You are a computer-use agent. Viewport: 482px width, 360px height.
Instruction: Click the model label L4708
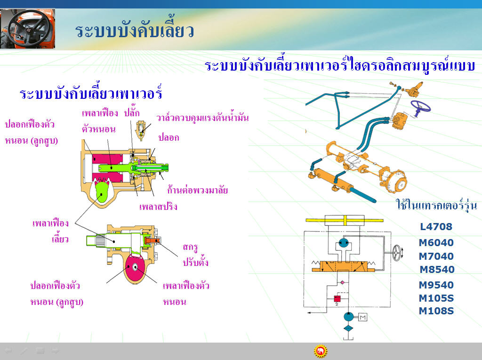point(436,226)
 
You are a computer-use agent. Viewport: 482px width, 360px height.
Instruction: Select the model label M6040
point(436,242)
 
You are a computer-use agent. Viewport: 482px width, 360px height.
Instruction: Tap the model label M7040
point(436,256)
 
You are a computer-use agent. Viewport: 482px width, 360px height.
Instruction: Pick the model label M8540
point(437,269)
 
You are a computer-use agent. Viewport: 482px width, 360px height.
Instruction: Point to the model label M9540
point(436,285)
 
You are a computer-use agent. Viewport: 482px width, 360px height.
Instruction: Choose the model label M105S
point(436,298)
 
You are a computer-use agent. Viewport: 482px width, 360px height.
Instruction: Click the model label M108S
point(436,311)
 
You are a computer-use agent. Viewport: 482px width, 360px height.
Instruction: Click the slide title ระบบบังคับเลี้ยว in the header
point(134,30)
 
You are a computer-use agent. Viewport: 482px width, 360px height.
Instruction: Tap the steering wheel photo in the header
point(28,28)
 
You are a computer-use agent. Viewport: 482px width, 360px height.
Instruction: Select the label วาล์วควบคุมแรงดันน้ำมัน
point(203,118)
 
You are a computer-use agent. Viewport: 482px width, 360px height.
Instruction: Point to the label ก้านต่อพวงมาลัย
point(197,190)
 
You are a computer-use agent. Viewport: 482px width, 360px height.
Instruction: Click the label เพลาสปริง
point(158,206)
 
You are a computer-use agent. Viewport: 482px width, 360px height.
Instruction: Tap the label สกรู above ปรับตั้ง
point(190,247)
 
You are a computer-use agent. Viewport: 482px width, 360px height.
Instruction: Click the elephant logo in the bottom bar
point(321,351)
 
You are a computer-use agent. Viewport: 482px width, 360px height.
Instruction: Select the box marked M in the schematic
point(363,317)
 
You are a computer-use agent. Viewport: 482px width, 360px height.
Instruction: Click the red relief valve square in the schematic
point(337,298)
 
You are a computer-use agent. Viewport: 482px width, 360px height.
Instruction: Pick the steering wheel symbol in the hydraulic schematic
point(397,253)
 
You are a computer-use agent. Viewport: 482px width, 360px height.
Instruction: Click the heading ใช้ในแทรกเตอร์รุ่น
point(436,204)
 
